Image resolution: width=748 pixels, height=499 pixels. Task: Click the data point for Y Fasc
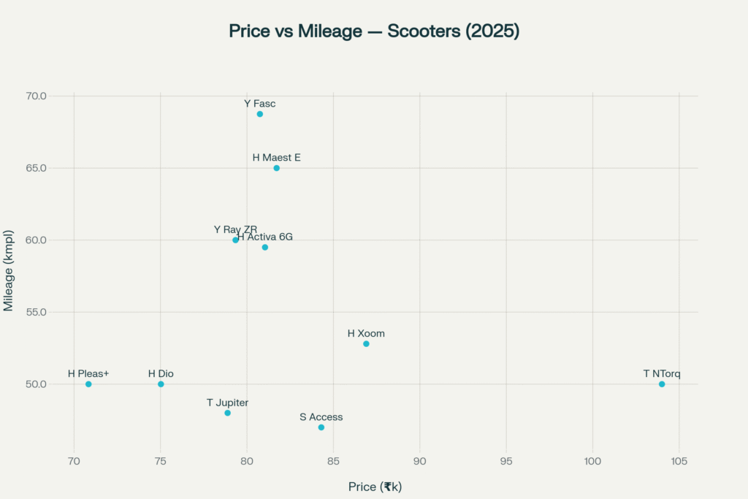click(x=259, y=114)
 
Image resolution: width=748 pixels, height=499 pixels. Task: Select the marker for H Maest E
click(x=276, y=168)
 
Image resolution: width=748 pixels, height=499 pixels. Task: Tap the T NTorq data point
click(x=662, y=384)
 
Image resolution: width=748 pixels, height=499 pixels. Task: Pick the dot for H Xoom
click(x=366, y=343)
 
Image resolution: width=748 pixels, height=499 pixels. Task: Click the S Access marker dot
click(x=321, y=427)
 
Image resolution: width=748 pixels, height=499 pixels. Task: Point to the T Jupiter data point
click(x=227, y=413)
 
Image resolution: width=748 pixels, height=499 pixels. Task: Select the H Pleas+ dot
click(x=88, y=384)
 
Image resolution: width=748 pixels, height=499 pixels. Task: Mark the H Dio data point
click(x=161, y=384)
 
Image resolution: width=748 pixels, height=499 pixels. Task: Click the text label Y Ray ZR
click(x=235, y=229)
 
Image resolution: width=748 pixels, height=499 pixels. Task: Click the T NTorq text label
click(x=662, y=374)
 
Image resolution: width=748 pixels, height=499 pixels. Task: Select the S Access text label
click(x=321, y=417)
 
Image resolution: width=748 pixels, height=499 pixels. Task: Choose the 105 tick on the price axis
click(x=679, y=461)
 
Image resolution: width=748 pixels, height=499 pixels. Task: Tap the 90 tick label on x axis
click(x=420, y=461)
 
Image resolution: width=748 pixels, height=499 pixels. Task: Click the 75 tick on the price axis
click(x=161, y=461)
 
